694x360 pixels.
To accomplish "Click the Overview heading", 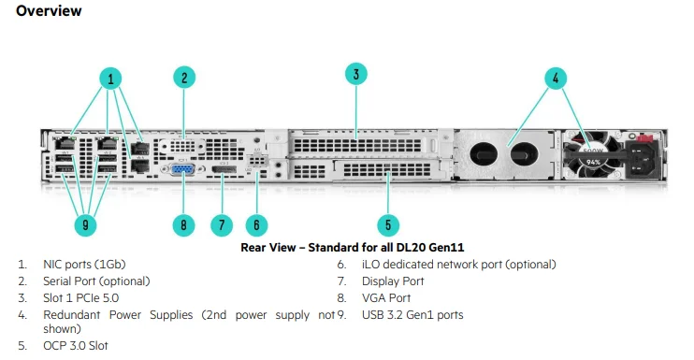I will pos(49,11).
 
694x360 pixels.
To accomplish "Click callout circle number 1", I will pos(111,79).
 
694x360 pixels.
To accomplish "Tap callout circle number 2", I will pos(185,79).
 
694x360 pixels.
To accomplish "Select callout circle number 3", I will pos(355,74).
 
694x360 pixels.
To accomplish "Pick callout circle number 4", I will pos(556,79).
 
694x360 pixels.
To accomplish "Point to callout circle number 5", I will pos(388,224).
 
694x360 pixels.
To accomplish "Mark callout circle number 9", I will pos(85,224).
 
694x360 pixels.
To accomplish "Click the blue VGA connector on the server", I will pos(182,170).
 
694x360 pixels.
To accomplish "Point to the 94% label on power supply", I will pos(592,162).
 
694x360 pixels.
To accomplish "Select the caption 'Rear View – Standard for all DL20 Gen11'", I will pos(353,247).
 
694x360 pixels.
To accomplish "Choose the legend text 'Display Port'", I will pos(393,281).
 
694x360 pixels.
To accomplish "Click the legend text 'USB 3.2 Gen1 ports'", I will pos(412,314).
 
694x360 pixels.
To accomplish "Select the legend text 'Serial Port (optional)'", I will pos(96,281).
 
